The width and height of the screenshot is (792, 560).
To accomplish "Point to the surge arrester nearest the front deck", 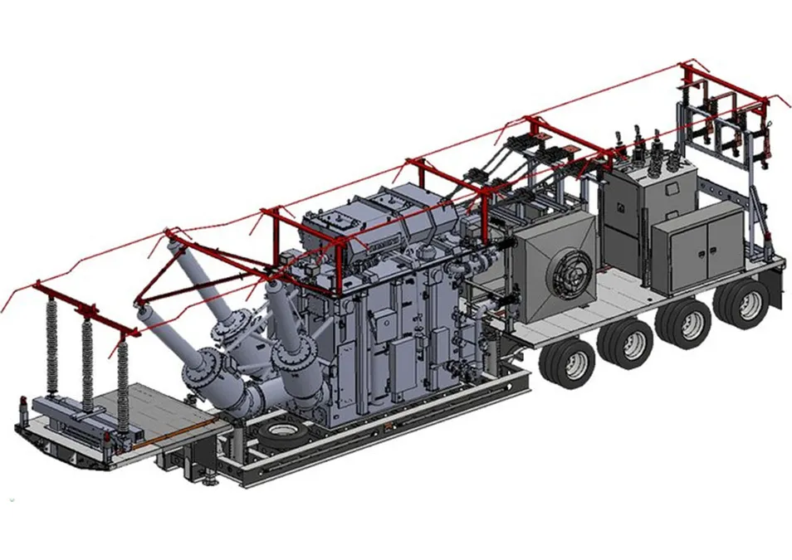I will tap(123, 382).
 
